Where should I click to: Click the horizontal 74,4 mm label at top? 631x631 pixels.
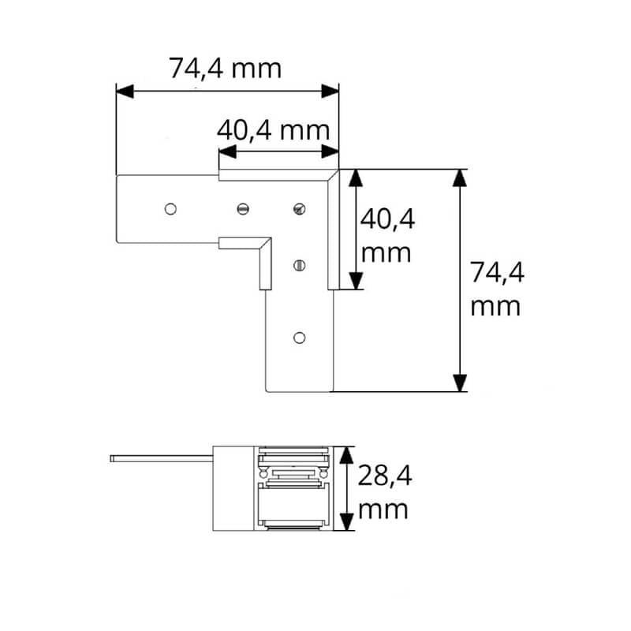click(x=225, y=69)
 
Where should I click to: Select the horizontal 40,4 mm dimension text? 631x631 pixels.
click(x=273, y=130)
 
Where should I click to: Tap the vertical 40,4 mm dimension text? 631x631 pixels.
click(x=386, y=236)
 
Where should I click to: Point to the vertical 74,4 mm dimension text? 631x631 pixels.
click(x=497, y=289)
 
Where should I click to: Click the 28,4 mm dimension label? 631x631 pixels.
click(x=384, y=491)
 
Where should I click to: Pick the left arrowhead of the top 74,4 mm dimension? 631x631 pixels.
click(x=125, y=91)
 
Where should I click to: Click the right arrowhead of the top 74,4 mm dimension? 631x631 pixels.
click(x=330, y=91)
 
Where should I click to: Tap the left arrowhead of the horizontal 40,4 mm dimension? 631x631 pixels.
click(x=228, y=151)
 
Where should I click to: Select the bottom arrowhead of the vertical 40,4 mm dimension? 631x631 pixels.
click(x=356, y=281)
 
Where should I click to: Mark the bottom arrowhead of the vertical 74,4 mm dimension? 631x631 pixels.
click(x=460, y=383)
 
